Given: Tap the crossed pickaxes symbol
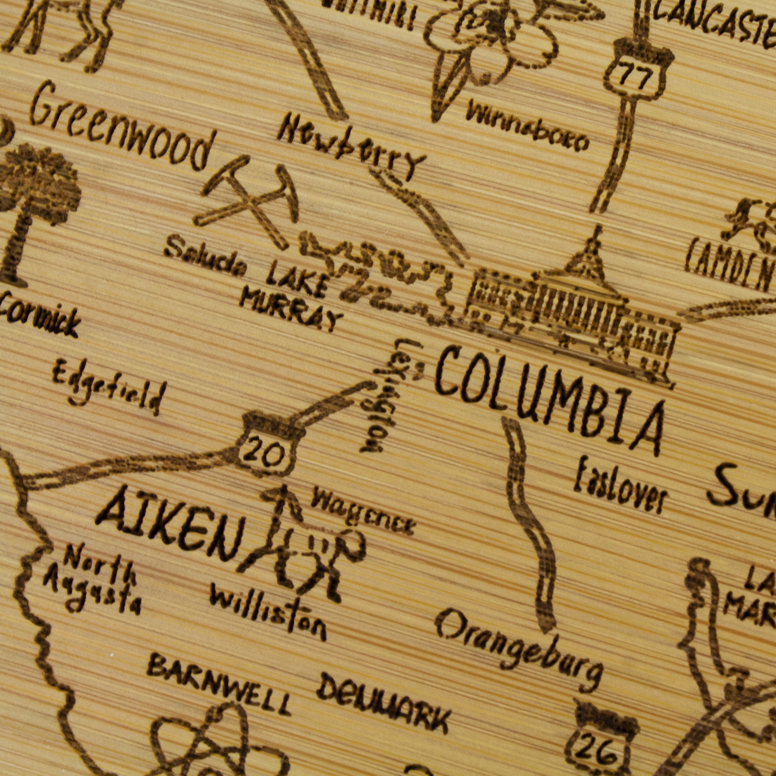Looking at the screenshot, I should [x=249, y=201].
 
